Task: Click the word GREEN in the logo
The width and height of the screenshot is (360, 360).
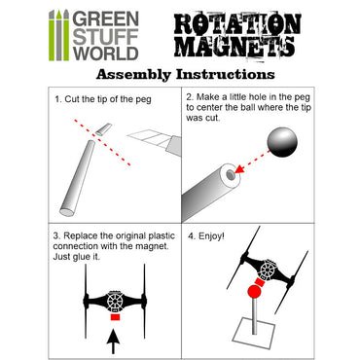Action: tap(105, 19)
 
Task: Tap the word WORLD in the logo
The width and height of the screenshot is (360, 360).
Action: tap(105, 54)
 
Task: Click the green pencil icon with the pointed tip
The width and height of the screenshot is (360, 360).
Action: tap(58, 35)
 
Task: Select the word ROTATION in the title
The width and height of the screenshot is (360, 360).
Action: tap(237, 24)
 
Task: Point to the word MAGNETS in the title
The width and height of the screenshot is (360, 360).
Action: tap(234, 47)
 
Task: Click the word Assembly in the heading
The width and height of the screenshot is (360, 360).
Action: tap(133, 75)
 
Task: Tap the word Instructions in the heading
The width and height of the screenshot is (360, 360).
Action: tap(226, 74)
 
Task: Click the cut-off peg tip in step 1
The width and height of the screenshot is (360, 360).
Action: tap(103, 129)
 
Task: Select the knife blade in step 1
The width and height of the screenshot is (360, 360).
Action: tap(149, 139)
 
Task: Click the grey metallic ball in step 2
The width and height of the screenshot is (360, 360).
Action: tap(282, 142)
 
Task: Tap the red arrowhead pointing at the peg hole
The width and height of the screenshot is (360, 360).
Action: tap(239, 169)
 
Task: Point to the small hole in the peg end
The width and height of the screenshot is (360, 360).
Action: tap(231, 175)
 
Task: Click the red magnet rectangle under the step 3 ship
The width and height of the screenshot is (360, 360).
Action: tap(115, 317)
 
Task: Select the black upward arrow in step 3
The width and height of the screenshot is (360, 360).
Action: tap(113, 342)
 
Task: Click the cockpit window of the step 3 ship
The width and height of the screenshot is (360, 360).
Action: tap(115, 301)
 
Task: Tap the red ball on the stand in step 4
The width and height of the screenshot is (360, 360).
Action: tap(254, 292)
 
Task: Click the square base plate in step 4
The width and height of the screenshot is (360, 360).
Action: tap(255, 334)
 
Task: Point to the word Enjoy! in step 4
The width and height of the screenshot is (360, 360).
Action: tap(211, 236)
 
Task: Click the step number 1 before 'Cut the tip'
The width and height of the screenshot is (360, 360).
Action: tap(58, 99)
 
